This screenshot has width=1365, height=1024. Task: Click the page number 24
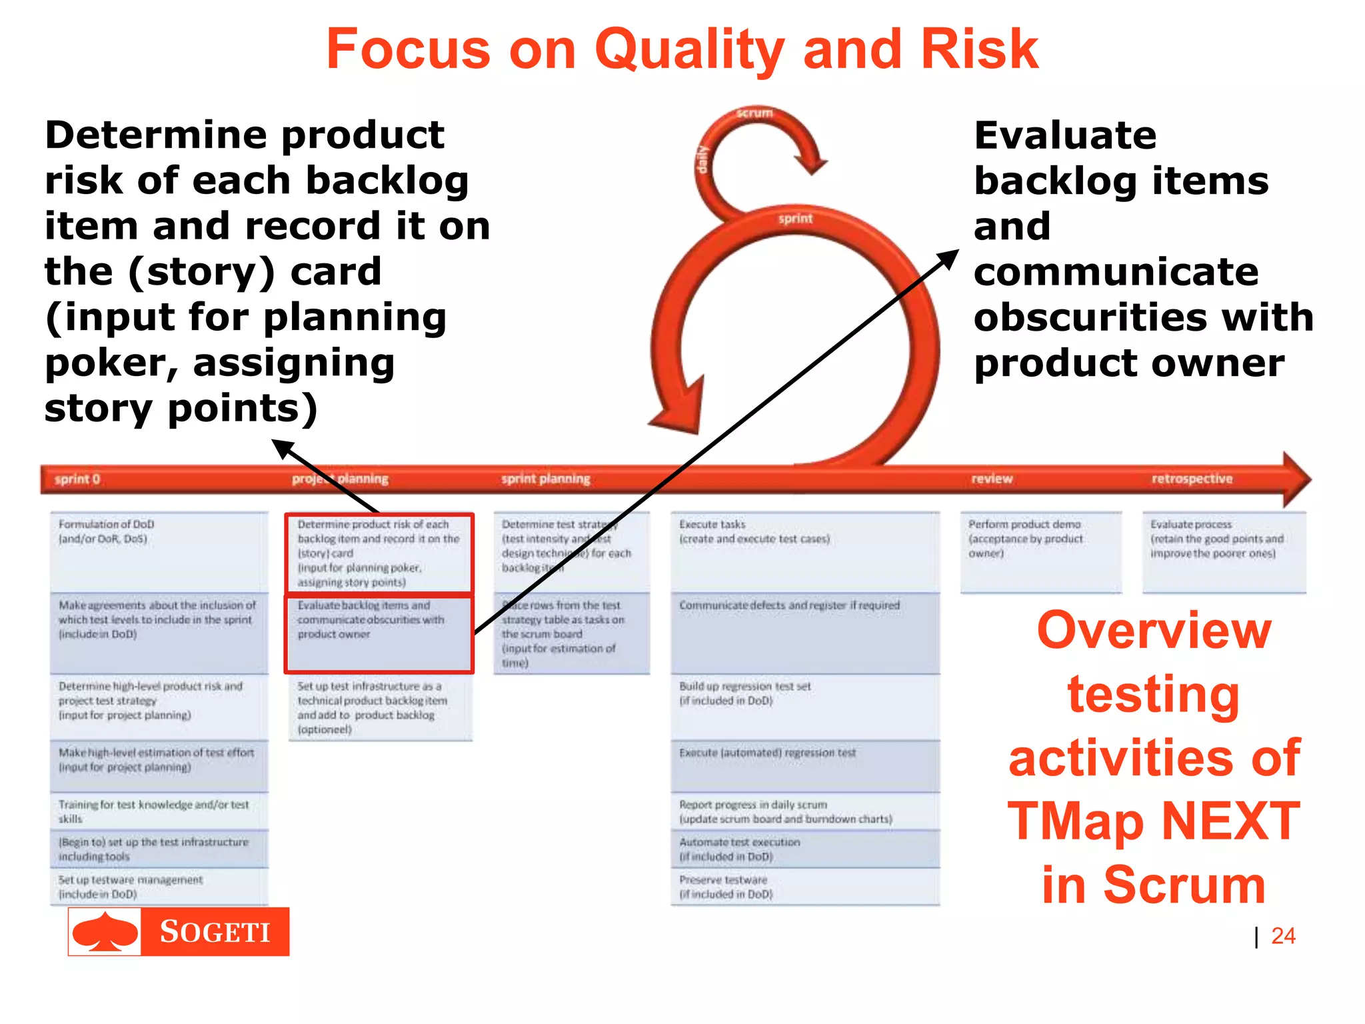click(1282, 935)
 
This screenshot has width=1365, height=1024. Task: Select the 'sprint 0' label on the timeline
click(77, 479)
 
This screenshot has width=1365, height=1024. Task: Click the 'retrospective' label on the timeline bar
click(1192, 479)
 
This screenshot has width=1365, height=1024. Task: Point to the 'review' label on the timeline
click(991, 479)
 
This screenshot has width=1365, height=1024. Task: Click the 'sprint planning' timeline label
click(545, 479)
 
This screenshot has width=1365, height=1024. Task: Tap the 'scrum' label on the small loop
click(754, 113)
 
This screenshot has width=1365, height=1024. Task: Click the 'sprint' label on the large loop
click(795, 219)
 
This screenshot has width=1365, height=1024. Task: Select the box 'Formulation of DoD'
click(159, 551)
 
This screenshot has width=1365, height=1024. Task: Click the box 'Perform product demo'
click(1040, 551)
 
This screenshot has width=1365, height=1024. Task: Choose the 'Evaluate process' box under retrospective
click(1224, 551)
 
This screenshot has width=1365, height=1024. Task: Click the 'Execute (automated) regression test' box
click(804, 765)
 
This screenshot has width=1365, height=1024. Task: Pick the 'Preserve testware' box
click(804, 887)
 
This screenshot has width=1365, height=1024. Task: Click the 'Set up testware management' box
click(159, 887)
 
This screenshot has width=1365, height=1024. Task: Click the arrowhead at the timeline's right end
click(1296, 479)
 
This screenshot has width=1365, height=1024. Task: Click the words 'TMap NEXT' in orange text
click(1153, 821)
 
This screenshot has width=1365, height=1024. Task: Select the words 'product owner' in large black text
click(1128, 363)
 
